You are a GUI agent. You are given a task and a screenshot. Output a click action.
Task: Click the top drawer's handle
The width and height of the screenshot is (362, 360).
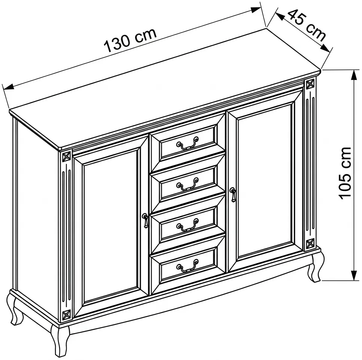[187, 143]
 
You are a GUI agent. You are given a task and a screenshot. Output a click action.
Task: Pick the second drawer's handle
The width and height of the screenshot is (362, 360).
[187, 184]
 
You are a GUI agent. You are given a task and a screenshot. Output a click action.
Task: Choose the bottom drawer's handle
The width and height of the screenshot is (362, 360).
[187, 266]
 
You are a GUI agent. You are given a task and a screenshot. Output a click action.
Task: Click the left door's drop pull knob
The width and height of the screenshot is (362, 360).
[145, 220]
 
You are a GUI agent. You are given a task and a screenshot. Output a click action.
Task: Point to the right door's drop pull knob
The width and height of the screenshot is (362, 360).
[233, 195]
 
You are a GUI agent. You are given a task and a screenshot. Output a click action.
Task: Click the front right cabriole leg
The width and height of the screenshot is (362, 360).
[315, 268]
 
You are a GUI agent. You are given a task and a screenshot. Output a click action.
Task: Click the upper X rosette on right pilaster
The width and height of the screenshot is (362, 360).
[310, 84]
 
